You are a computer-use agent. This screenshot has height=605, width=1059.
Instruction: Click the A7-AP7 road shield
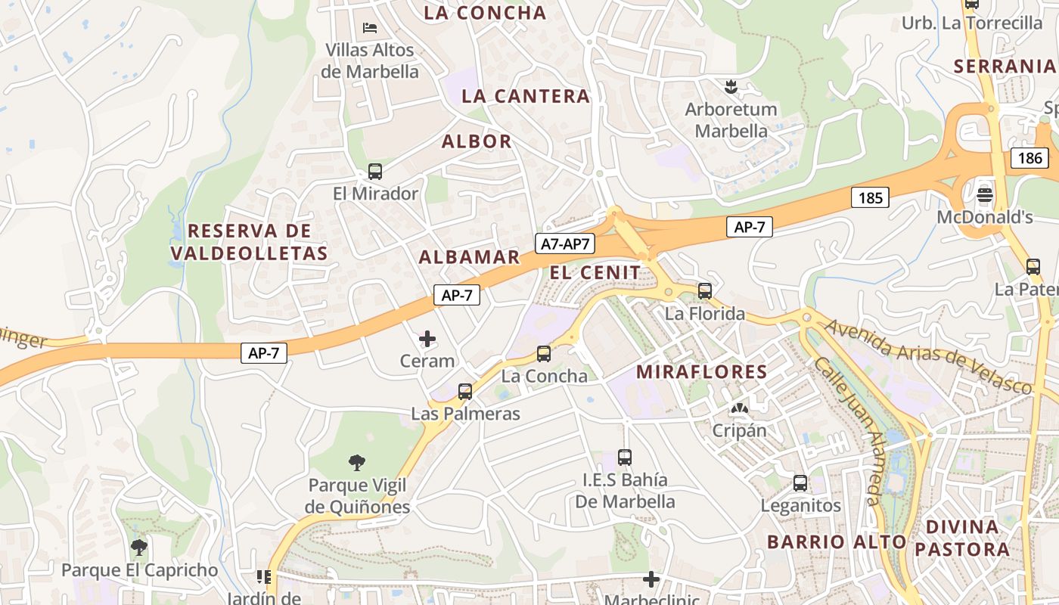566,244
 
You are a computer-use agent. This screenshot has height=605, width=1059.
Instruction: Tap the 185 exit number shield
870,198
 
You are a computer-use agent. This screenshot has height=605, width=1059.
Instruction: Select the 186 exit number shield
1029,158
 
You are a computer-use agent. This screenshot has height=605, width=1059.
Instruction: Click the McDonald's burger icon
985,194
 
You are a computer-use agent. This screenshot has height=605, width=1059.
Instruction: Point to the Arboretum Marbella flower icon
731,86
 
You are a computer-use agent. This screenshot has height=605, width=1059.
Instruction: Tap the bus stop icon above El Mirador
375,172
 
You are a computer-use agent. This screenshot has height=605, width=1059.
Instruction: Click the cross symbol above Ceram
427,339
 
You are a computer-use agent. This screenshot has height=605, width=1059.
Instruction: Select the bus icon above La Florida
705,291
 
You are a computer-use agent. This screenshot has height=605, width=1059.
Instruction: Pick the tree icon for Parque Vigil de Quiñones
357,462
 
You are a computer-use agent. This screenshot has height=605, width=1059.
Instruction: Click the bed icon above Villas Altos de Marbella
370,28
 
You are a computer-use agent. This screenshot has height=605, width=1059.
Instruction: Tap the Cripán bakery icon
739,409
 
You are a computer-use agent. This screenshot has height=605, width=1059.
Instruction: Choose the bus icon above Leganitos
800,483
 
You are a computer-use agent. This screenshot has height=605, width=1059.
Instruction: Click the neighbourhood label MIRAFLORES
702,372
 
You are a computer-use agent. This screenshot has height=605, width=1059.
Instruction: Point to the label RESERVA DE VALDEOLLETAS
250,242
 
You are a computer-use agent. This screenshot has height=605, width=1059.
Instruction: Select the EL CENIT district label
595,273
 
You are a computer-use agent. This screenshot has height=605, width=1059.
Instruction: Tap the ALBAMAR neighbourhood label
470,257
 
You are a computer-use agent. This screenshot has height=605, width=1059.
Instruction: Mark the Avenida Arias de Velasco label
928,357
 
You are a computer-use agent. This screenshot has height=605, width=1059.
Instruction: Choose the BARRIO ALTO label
837,541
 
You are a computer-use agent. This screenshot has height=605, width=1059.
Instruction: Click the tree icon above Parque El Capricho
138,547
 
